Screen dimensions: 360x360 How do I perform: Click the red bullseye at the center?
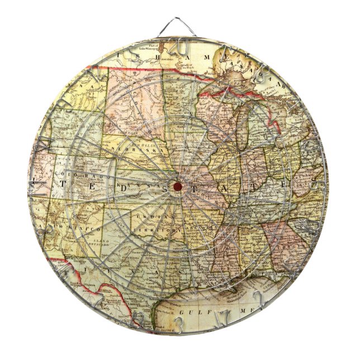click(x=177, y=186)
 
